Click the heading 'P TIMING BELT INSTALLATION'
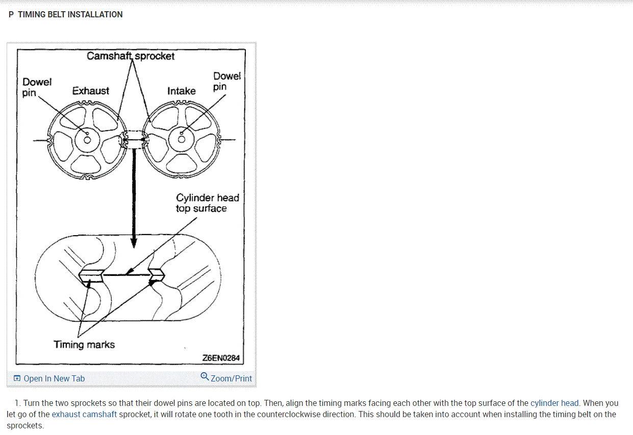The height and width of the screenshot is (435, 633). tap(66, 14)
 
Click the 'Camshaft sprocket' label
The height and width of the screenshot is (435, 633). tap(131, 56)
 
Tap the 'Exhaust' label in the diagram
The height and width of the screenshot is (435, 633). tap(90, 91)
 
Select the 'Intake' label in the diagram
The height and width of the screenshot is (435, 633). tap(181, 91)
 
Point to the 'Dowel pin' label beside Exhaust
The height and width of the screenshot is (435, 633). tap(37, 87)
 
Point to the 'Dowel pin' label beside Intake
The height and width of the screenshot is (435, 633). tap(226, 81)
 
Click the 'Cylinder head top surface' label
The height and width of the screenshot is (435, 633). tap(207, 202)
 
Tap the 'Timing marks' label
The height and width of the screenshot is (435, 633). tap(84, 345)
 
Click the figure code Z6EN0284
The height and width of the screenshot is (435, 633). tap(221, 358)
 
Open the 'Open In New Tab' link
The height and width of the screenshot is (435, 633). tap(54, 378)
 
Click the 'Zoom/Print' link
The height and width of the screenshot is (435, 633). tap(231, 378)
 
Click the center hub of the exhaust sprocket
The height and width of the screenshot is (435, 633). tap(87, 139)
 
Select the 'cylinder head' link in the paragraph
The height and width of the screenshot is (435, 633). tap(554, 403)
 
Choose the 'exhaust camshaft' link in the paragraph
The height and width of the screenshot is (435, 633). tap(84, 414)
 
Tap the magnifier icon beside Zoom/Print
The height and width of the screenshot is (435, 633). tap(205, 377)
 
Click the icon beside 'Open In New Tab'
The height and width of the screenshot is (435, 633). tap(17, 378)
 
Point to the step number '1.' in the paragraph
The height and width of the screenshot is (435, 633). tap(18, 403)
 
